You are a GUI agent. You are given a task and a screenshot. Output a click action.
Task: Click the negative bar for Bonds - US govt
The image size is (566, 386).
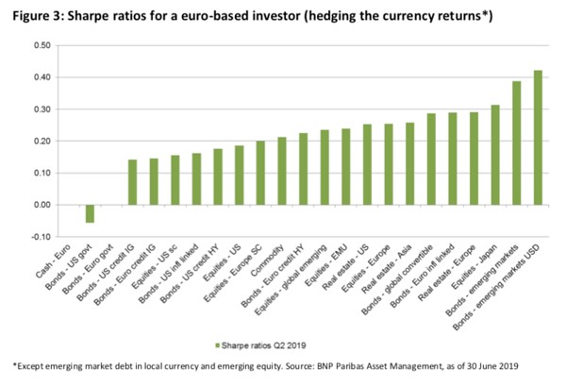pyautogui.click(x=91, y=214)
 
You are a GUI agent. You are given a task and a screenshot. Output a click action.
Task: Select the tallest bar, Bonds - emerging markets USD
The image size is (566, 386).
pyautogui.click(x=539, y=138)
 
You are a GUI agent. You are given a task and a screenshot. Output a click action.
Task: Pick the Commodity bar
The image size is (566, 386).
pyautogui.click(x=282, y=171)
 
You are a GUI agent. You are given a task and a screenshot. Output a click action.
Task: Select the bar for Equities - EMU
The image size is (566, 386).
pyautogui.click(x=346, y=167)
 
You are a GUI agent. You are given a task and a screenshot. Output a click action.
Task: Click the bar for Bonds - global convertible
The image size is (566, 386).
pyautogui.click(x=431, y=159)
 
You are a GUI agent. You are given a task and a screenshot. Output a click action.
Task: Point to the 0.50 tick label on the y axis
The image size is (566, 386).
pyautogui.click(x=41, y=46)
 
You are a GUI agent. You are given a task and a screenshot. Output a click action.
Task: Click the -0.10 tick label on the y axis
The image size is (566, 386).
pyautogui.click(x=40, y=237)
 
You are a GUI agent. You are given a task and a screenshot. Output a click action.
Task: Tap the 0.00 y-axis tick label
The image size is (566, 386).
pyautogui.click(x=41, y=205)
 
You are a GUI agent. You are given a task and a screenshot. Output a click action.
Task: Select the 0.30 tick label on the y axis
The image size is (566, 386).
pyautogui.click(x=41, y=109)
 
